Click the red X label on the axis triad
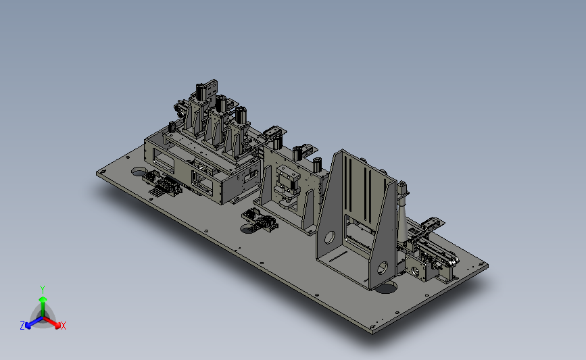63,326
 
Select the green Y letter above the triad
43,290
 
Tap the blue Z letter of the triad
22,326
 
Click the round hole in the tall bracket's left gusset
330,237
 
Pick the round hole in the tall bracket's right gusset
383,267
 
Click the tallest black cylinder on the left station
201,91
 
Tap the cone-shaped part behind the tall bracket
404,220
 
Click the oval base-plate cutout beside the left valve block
139,172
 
